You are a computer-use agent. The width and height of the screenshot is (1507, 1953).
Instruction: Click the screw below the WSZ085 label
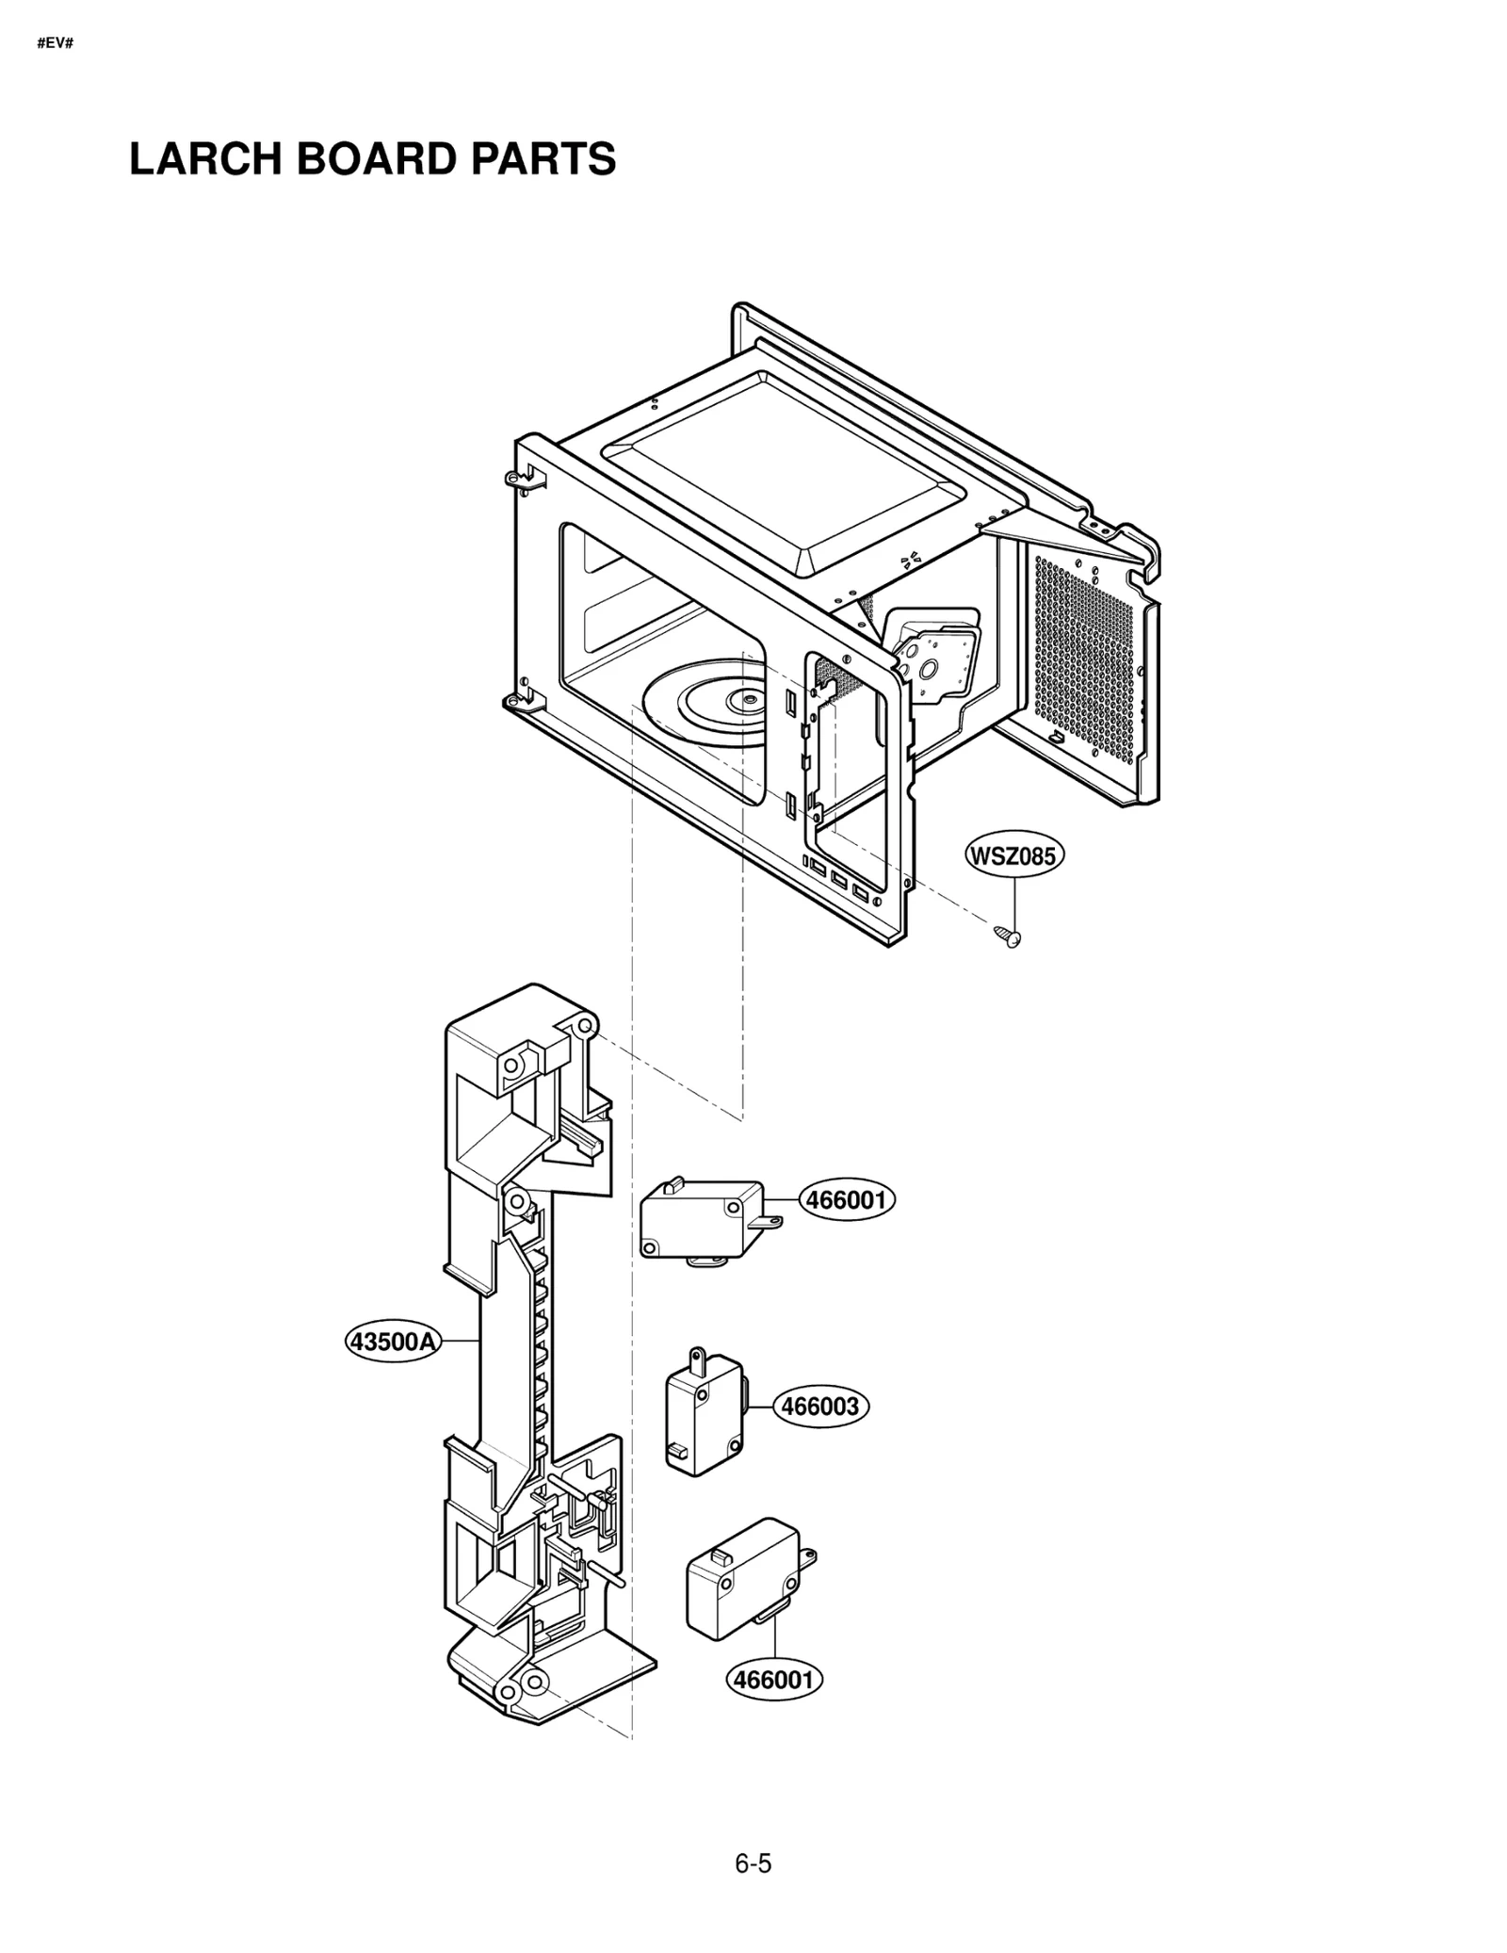[1008, 936]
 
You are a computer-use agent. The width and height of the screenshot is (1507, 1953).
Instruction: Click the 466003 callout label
[821, 1407]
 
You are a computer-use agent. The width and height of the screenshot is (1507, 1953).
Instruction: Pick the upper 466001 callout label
[847, 1200]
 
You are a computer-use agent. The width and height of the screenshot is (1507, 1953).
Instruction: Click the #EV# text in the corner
[55, 43]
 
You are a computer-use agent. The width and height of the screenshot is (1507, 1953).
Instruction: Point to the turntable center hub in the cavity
[746, 699]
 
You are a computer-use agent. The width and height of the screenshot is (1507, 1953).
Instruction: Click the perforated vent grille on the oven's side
[1083, 659]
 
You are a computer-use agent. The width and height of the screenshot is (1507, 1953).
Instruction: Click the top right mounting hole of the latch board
[583, 1024]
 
